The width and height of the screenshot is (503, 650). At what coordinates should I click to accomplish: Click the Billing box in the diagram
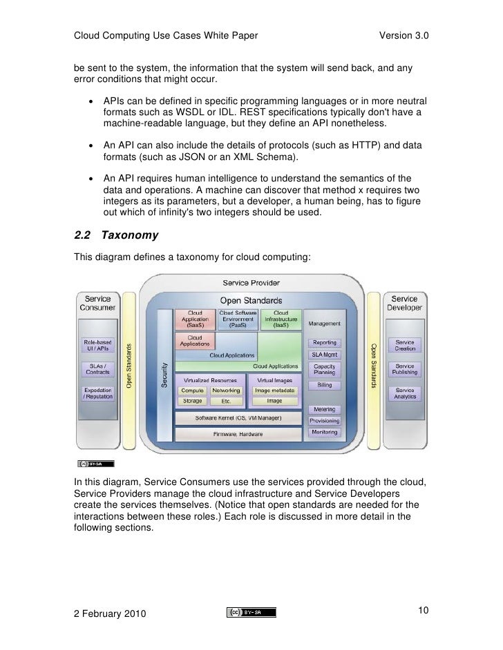pos(324,384)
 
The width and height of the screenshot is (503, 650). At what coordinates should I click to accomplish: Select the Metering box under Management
pos(324,409)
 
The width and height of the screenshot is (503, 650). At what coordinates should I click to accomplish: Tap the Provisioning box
pos(324,421)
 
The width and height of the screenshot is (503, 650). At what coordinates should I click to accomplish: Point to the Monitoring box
pos(324,432)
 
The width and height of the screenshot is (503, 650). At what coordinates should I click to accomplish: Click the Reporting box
pos(324,343)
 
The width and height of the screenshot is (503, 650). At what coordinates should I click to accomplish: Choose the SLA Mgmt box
pos(324,354)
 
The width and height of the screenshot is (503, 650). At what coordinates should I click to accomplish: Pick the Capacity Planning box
pos(324,368)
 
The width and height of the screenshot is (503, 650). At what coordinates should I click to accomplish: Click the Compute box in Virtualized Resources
pos(192,390)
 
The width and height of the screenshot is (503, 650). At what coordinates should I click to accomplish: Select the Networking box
pos(225,390)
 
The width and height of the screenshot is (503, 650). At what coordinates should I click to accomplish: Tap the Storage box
pos(192,401)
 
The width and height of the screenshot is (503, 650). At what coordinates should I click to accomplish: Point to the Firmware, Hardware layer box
pos(237,434)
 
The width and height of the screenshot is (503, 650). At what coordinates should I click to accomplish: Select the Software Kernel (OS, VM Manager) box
pos(237,418)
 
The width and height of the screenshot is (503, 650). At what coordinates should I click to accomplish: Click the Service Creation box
pos(405,346)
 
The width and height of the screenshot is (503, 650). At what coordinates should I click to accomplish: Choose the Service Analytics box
pos(405,393)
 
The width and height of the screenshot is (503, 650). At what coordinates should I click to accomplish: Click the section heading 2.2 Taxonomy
pos(116,235)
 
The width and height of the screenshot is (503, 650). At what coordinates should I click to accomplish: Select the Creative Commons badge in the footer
pos(251,611)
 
